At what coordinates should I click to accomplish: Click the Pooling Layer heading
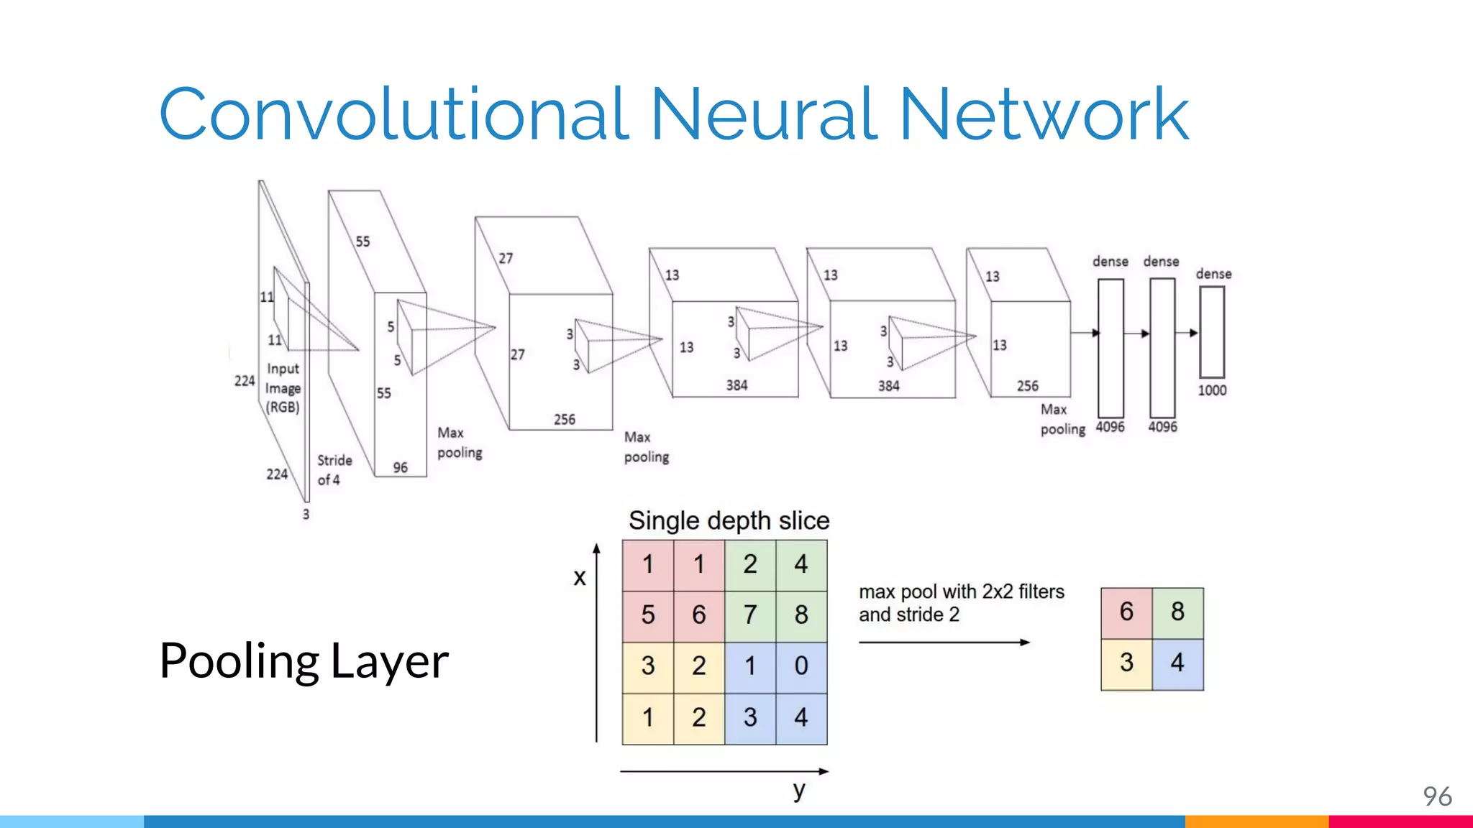tap(304, 661)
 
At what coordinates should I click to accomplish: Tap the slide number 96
tap(1437, 796)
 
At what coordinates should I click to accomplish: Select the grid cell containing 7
tap(750, 615)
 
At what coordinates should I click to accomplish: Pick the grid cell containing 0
tap(801, 666)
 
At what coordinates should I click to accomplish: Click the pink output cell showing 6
tap(1126, 612)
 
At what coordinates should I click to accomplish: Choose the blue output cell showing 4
tap(1177, 663)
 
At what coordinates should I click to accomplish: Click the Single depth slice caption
tap(729, 520)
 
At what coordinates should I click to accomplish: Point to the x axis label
tap(580, 577)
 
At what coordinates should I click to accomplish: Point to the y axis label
tap(799, 790)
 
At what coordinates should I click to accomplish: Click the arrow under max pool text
tap(944, 642)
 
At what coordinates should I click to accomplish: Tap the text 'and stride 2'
tap(908, 615)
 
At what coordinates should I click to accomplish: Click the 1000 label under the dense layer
tap(1212, 390)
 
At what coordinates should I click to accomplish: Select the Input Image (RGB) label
tap(283, 388)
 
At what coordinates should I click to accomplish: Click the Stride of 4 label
tap(334, 470)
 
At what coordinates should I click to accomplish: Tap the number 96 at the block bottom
tap(400, 468)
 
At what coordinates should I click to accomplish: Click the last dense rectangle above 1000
tap(1212, 332)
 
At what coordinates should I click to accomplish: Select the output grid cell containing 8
tap(1177, 612)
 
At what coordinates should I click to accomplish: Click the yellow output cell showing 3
tap(1126, 663)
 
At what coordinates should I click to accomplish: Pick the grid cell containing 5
tap(648, 615)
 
